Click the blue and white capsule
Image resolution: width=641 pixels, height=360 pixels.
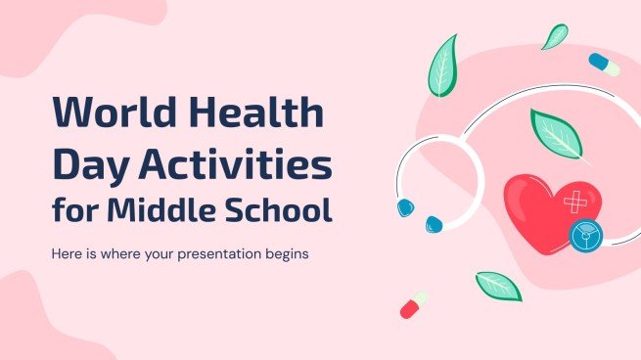click(604, 65)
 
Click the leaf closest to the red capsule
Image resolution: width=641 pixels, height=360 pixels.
click(497, 286)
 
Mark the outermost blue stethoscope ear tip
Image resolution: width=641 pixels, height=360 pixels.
click(404, 207)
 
